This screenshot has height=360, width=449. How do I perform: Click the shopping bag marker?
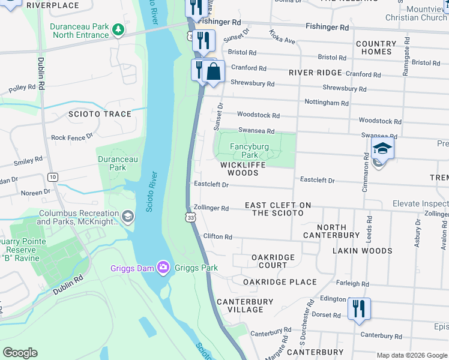click(x=213, y=71)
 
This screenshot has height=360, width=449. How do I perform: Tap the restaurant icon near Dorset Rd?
click(x=359, y=309)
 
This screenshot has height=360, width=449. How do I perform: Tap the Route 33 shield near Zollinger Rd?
click(x=190, y=215)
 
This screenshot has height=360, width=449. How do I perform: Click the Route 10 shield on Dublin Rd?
click(x=53, y=176)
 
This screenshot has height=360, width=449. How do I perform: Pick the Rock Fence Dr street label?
click(x=72, y=137)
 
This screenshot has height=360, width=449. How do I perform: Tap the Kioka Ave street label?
click(x=282, y=37)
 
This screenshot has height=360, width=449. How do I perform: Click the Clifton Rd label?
click(x=217, y=237)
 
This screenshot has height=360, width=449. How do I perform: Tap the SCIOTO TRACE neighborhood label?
click(x=100, y=114)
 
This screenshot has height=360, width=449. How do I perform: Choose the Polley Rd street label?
click(x=22, y=88)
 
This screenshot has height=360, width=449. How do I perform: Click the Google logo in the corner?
click(x=20, y=353)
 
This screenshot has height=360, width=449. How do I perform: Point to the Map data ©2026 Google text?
click(x=411, y=355)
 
